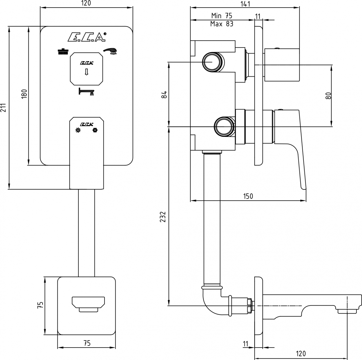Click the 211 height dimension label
coord(3,107)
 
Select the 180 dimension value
coord(24,94)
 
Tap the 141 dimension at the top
coord(245,4)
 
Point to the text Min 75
coord(222,16)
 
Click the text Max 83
coord(222,24)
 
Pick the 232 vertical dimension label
coord(163,217)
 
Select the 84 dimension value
coord(164,94)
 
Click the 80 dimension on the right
coord(328,96)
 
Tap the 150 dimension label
coord(248,196)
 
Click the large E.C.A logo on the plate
coord(87,37)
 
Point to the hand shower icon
coord(110,51)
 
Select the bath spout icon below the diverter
coord(86,92)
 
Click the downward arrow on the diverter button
coord(86,72)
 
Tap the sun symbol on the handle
coord(78,130)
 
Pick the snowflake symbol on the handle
coord(96,130)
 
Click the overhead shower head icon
coord(63,51)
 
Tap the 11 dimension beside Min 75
coord(258,17)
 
